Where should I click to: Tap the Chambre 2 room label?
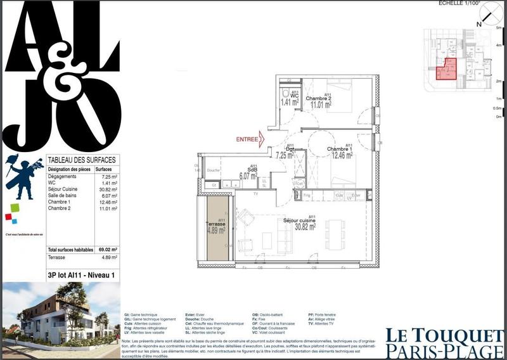318,98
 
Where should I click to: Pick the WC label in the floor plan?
294,96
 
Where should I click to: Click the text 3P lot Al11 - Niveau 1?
80,276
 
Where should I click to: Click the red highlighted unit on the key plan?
446,69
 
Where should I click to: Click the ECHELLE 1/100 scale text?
459,4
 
